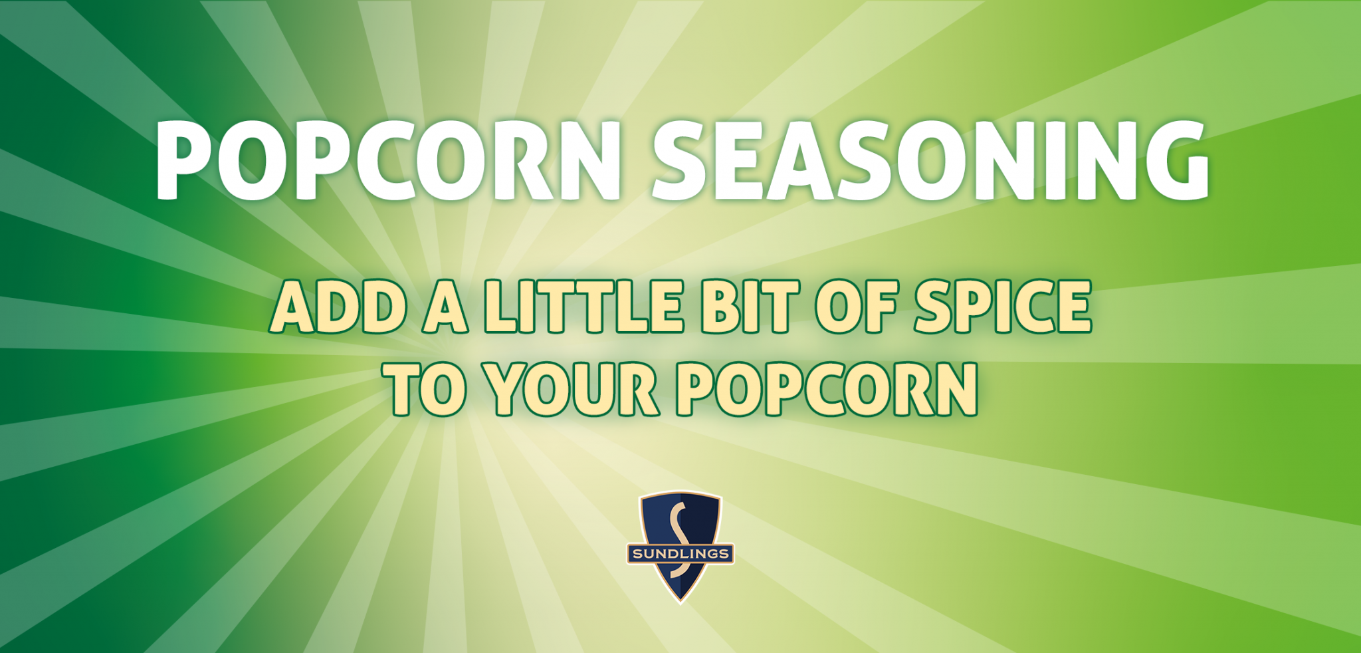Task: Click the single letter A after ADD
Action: tap(445, 307)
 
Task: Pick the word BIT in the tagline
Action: tap(750, 307)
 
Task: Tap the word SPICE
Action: tap(1003, 307)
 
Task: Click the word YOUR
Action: tap(572, 389)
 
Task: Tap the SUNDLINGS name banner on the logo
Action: tap(680, 553)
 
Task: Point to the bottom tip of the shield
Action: tap(680, 600)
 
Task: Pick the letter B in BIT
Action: tap(720, 307)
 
